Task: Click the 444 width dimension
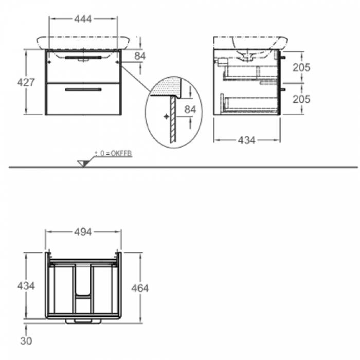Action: pyautogui.click(x=83, y=19)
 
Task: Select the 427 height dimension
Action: pyautogui.click(x=26, y=82)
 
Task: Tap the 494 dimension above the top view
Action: pyautogui.click(x=83, y=232)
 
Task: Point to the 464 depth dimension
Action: pyautogui.click(x=140, y=288)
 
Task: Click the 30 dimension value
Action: pyautogui.click(x=26, y=341)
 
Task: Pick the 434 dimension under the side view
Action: pyautogui.click(x=246, y=140)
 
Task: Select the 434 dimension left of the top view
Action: pyautogui.click(x=26, y=286)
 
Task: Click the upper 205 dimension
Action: pyautogui.click(x=301, y=67)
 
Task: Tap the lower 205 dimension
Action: pyautogui.click(x=301, y=99)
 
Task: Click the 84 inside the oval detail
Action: pyautogui.click(x=190, y=110)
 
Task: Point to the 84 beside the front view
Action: pyautogui.click(x=140, y=56)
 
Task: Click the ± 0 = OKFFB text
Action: pyautogui.click(x=114, y=153)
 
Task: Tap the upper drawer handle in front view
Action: pyautogui.click(x=83, y=58)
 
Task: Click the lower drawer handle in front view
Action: pyautogui.click(x=83, y=89)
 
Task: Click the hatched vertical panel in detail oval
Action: pyautogui.click(x=173, y=120)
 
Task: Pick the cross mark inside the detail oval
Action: pyautogui.click(x=167, y=116)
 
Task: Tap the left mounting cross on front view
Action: pyautogui.click(x=49, y=62)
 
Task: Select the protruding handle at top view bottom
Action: pyautogui.click(x=83, y=321)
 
